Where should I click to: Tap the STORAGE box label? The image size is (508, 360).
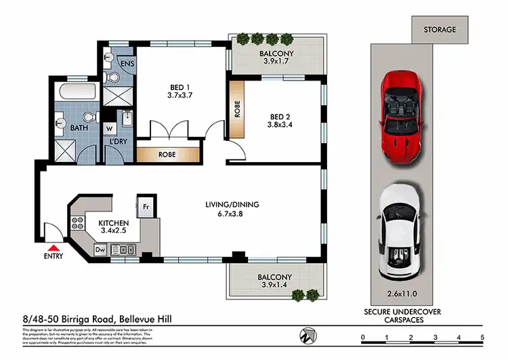[440, 30]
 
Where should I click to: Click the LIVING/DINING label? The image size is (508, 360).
[233, 204]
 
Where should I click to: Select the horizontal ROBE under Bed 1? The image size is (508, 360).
[167, 155]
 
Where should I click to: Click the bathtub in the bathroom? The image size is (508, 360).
[75, 93]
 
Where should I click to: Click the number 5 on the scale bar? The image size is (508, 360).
[482, 337]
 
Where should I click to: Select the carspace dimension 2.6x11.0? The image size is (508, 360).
[404, 295]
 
